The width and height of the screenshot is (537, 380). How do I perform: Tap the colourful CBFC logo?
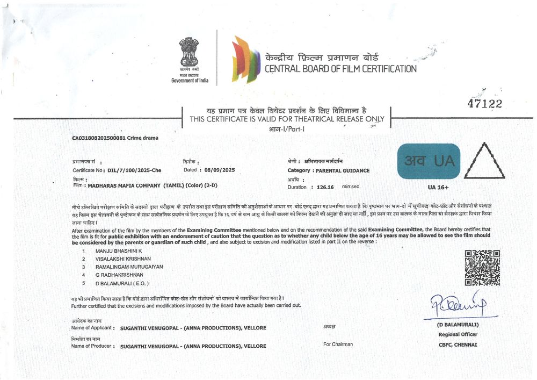click(x=245, y=59)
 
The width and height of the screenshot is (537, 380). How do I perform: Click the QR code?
click(x=482, y=268)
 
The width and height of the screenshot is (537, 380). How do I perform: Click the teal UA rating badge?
click(x=429, y=161)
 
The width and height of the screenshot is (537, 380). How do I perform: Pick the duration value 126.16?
click(x=325, y=187)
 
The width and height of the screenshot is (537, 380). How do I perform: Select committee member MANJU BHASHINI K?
click(x=118, y=251)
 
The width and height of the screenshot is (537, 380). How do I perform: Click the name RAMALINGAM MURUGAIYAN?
click(x=129, y=267)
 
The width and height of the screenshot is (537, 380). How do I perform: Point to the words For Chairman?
click(x=338, y=344)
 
